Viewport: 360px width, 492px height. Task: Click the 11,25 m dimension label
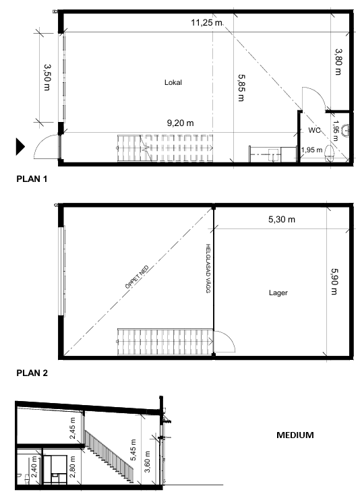click(x=206, y=23)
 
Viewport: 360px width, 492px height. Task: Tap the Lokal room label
click(x=173, y=82)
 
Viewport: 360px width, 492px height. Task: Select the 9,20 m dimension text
click(x=180, y=123)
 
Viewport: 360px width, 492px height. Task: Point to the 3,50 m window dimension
click(x=47, y=78)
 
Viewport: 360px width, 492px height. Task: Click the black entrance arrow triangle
click(x=20, y=146)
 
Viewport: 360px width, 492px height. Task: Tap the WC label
click(x=314, y=130)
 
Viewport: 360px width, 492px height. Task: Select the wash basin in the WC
click(x=346, y=130)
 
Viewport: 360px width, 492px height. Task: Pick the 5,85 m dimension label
click(x=241, y=88)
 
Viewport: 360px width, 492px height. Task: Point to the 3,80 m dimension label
click(x=338, y=61)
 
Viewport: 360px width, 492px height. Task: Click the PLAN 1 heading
click(x=32, y=179)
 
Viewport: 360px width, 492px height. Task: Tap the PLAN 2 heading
click(x=32, y=373)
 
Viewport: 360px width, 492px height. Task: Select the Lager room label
click(x=278, y=293)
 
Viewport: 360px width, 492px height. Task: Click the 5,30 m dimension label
click(x=282, y=219)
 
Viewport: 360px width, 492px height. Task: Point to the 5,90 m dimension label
click(x=334, y=282)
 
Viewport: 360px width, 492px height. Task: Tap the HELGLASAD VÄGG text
click(x=208, y=269)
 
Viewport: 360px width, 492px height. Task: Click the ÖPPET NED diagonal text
click(x=137, y=277)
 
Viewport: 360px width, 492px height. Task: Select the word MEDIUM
click(x=295, y=435)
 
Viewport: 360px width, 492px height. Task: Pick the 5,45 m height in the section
click(x=133, y=450)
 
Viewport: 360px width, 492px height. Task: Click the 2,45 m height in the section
click(x=72, y=428)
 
